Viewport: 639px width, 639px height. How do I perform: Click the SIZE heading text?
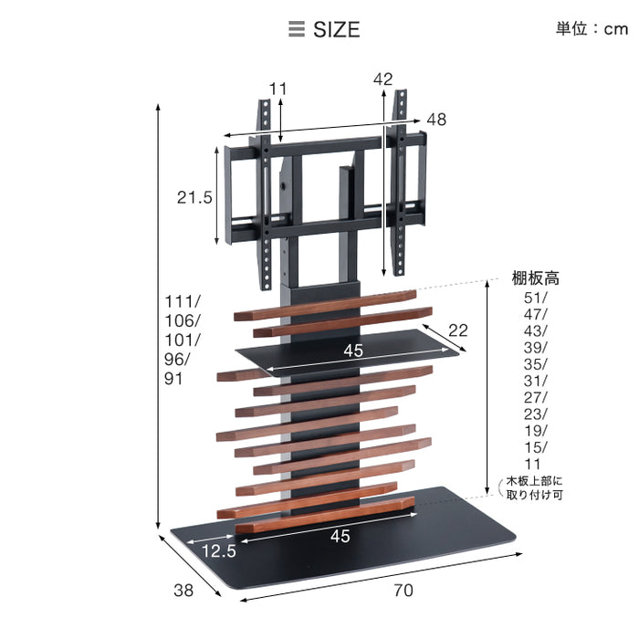click(336, 29)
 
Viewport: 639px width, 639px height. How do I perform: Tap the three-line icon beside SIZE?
click(297, 29)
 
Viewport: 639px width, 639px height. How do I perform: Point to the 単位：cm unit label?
click(592, 29)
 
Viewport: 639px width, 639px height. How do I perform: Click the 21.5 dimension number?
click(194, 198)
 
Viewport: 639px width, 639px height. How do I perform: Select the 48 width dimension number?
click(436, 120)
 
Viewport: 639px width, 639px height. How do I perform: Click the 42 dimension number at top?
click(383, 79)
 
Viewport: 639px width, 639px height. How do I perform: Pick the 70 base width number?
click(403, 590)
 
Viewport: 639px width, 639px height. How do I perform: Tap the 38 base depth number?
click(183, 590)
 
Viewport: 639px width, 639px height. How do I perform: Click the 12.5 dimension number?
click(219, 551)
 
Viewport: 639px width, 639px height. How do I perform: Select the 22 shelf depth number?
click(458, 330)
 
